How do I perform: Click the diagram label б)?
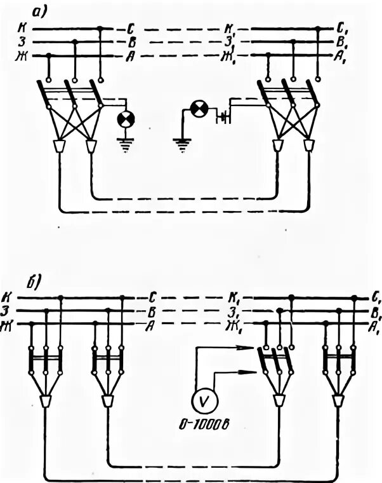[x=32, y=283]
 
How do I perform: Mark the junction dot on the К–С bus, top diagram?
[x=100, y=29]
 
